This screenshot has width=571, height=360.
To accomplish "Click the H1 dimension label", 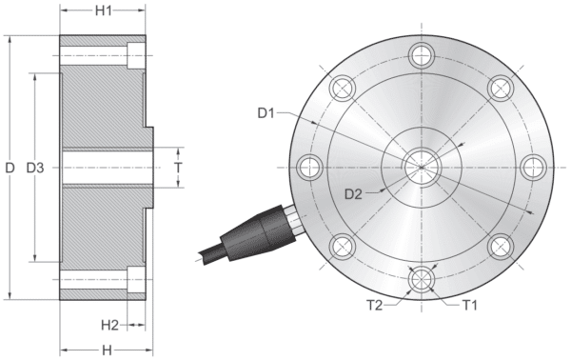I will (104, 11).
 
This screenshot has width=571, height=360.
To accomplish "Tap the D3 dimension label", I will (35, 168).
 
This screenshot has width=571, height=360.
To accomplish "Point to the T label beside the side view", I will (178, 167).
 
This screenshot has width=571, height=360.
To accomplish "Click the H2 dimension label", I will (109, 325).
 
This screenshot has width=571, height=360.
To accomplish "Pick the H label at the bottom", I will (106, 350).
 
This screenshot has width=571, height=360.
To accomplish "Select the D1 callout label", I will (267, 114).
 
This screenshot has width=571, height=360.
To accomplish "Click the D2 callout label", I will (353, 194).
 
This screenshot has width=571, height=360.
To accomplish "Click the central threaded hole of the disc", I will (419, 168).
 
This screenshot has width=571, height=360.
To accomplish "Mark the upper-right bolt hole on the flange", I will (500, 88).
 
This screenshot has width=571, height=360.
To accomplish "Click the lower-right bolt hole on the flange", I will (500, 247).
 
